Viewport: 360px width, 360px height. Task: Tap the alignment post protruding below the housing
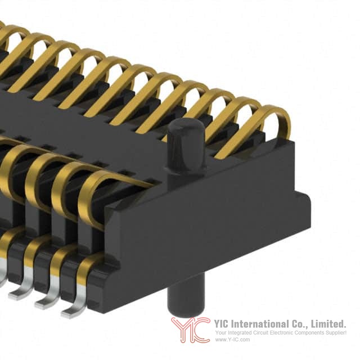(x=186, y=294)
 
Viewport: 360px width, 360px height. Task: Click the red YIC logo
(x=191, y=330)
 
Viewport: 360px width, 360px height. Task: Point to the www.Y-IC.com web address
(x=232, y=340)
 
